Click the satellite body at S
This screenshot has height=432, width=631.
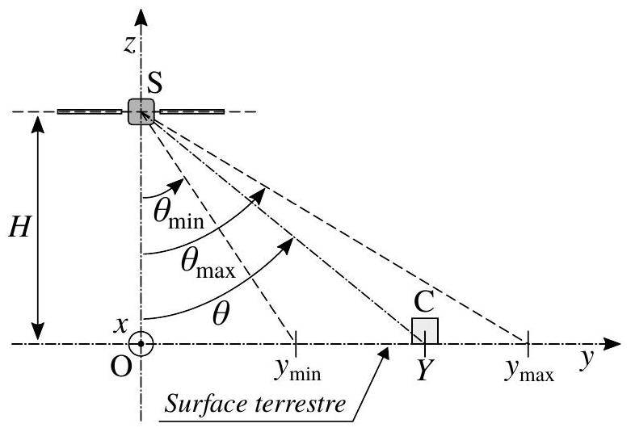pyautogui.click(x=141, y=111)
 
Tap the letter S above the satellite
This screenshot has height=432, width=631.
pyautogui.click(x=155, y=83)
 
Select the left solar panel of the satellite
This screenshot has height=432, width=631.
pyautogui.click(x=90, y=111)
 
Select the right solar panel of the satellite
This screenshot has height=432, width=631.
pyautogui.click(x=192, y=111)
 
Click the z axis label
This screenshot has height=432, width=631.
pyautogui.click(x=128, y=45)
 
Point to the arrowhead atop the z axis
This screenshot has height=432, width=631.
pyautogui.click(x=141, y=17)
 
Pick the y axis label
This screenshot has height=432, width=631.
pyautogui.click(x=587, y=358)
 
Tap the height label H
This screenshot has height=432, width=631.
pyautogui.click(x=19, y=226)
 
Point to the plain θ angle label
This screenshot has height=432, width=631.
pyautogui.click(x=221, y=314)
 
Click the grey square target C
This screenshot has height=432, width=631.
pyautogui.click(x=424, y=331)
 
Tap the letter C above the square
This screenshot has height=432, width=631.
pyautogui.click(x=423, y=302)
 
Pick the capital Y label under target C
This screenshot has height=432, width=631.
pyautogui.click(x=424, y=370)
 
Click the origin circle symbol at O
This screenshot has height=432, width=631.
pyautogui.click(x=141, y=344)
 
